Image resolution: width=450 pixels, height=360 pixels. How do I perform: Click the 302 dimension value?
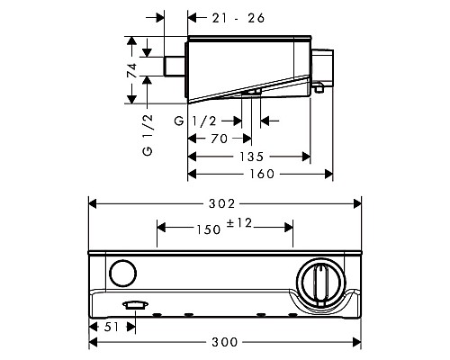(x=221, y=204)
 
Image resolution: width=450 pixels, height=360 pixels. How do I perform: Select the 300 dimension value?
(x=225, y=342)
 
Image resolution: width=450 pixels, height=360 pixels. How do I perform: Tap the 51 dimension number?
(x=112, y=327)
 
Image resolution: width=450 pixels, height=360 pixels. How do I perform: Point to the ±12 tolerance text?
(x=239, y=223)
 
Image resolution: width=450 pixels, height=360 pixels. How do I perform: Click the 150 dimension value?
(x=209, y=229)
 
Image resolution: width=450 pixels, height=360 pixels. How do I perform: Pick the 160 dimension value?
(x=262, y=174)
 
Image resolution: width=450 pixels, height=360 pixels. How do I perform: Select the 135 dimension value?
(x=251, y=157)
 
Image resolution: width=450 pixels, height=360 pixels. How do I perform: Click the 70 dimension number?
(x=219, y=139)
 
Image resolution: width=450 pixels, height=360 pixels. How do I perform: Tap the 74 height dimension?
(x=132, y=70)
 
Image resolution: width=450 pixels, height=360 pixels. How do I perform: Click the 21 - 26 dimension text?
(x=238, y=18)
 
